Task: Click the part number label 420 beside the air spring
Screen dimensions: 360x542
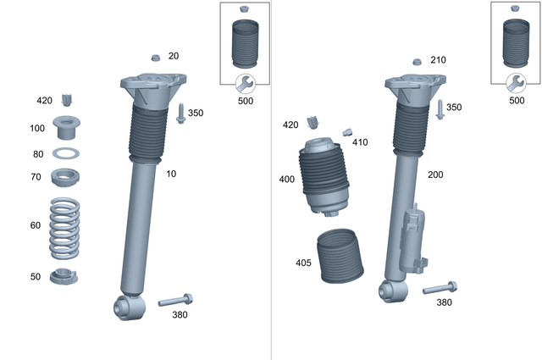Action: (x=290, y=125)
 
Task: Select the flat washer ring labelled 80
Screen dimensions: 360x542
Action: (x=65, y=154)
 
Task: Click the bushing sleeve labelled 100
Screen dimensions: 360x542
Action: (x=66, y=128)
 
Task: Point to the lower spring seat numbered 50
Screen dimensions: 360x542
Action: (x=65, y=276)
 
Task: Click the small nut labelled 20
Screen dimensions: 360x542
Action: (x=156, y=57)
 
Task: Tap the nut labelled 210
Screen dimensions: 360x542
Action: (x=416, y=62)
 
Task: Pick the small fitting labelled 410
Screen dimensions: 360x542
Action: (x=346, y=131)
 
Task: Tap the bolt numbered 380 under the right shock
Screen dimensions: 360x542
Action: (x=440, y=287)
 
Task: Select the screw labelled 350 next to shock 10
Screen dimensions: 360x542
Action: (x=181, y=113)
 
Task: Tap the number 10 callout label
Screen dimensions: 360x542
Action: (x=172, y=174)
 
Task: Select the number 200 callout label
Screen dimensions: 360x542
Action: (x=436, y=174)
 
